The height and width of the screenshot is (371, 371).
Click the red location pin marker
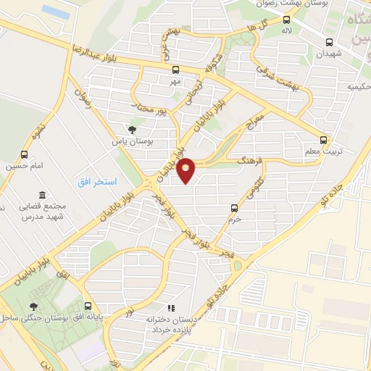pyautogui.click(x=186, y=170)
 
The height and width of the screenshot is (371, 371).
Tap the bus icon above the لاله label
pyautogui.click(x=287, y=20)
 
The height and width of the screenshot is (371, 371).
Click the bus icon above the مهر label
pyautogui.click(x=175, y=70)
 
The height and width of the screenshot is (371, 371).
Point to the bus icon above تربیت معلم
pyautogui.click(x=324, y=140)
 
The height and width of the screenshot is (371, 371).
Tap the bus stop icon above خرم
pyautogui.click(x=233, y=207)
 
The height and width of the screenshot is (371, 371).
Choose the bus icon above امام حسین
pyautogui.click(x=25, y=154)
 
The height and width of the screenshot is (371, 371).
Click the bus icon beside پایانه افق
pyautogui.click(x=87, y=305)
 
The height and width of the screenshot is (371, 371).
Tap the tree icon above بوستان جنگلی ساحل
pyautogui.click(x=33, y=306)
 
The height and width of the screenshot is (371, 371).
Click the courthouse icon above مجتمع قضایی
pyautogui.click(x=41, y=196)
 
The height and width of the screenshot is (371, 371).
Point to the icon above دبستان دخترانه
pyautogui.click(x=171, y=307)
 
